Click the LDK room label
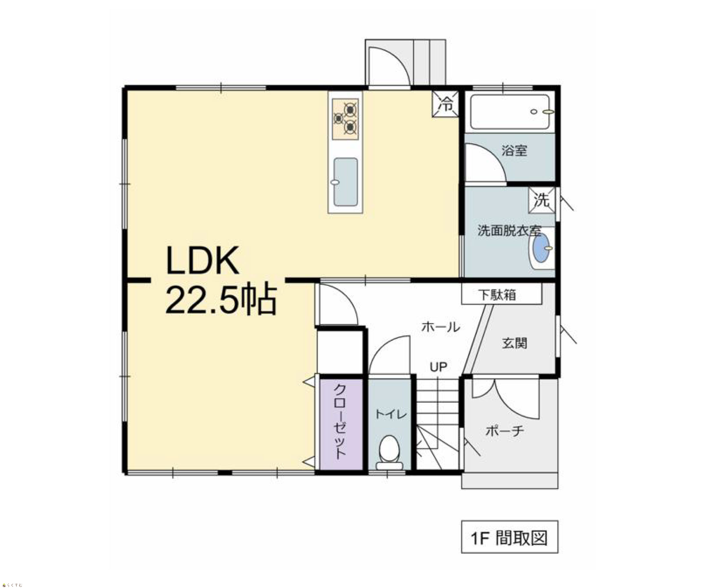point(203,260)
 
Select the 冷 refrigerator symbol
point(445,104)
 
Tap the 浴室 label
point(514,150)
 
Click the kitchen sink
point(345,182)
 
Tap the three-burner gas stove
point(345,119)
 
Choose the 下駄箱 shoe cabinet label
point(497,295)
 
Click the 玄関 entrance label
point(514,343)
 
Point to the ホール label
point(441,327)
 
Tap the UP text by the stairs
point(438,367)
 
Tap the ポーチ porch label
point(504,430)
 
